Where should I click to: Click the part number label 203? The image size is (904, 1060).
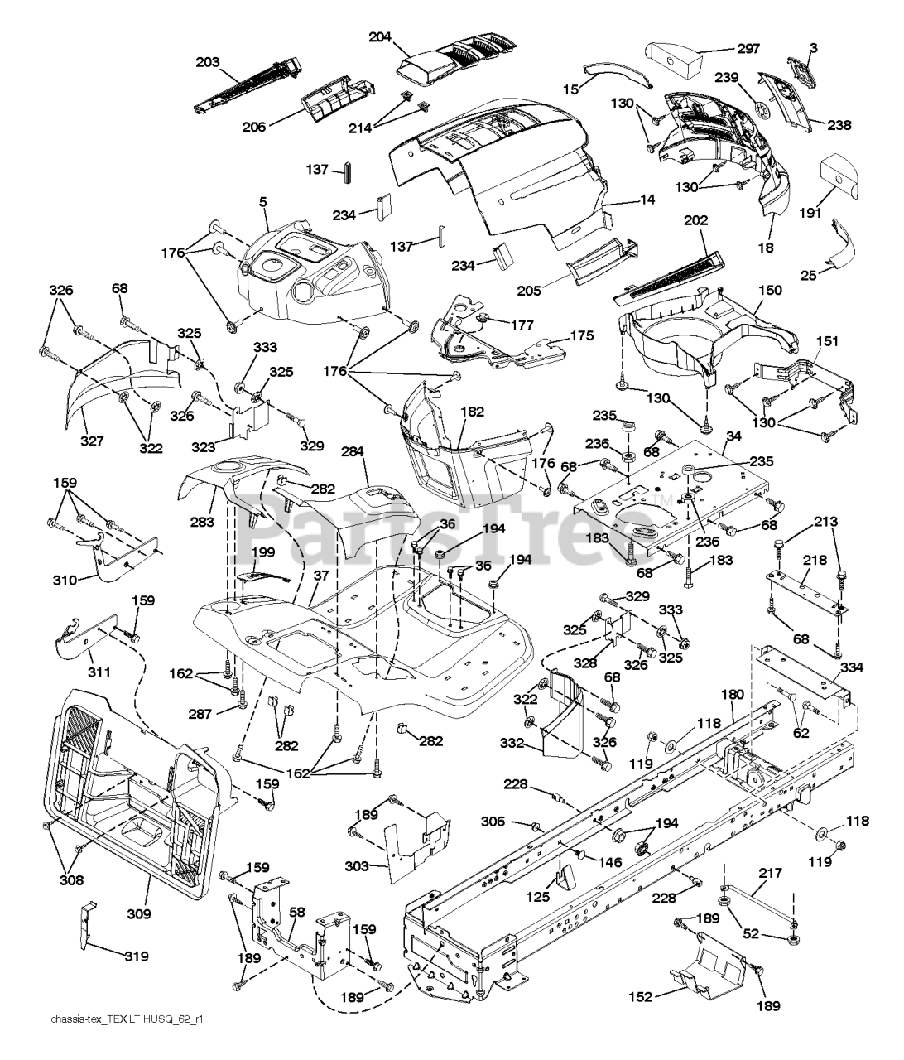coord(209,63)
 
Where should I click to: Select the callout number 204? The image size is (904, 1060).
coord(380,36)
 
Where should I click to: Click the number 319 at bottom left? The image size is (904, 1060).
coord(137,956)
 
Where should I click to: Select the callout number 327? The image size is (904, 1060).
coord(92,441)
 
